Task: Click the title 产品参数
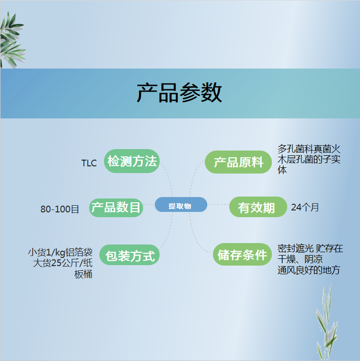179,93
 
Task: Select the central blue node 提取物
181,204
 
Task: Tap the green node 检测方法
132,161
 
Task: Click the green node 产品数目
116,208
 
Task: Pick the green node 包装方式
129,255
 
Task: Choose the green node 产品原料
238,162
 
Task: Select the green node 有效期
258,207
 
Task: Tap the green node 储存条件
243,254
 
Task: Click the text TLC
89,163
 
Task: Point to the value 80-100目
59,209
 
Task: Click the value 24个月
305,207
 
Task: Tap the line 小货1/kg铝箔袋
60,252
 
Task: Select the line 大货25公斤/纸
63,263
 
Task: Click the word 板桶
83,274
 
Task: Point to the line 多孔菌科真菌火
309,149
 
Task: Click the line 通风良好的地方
309,270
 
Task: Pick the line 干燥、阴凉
300,259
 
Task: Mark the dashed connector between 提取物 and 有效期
218,204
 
